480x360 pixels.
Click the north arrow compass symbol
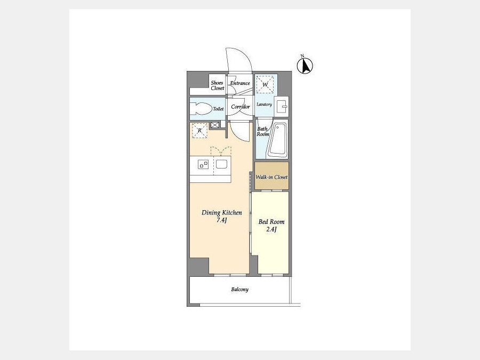(305, 66)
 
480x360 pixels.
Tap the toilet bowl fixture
(201, 109)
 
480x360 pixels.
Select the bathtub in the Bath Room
(278, 140)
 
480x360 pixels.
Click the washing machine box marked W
(265, 84)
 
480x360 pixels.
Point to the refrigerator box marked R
(199, 131)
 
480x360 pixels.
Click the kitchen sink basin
(221, 164)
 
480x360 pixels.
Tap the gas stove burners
(203, 164)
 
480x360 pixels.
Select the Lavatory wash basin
(281, 107)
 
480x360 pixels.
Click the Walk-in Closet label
(271, 177)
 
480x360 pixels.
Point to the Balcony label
(239, 289)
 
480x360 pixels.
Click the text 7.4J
(221, 220)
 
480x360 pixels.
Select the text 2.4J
(271, 229)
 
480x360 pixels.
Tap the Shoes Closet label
(218, 85)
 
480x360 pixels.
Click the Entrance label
(240, 83)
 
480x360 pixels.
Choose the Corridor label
(241, 107)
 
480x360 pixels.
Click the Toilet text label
(218, 109)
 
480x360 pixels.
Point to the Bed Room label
(271, 222)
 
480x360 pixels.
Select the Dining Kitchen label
(222, 212)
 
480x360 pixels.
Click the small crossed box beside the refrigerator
(215, 125)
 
